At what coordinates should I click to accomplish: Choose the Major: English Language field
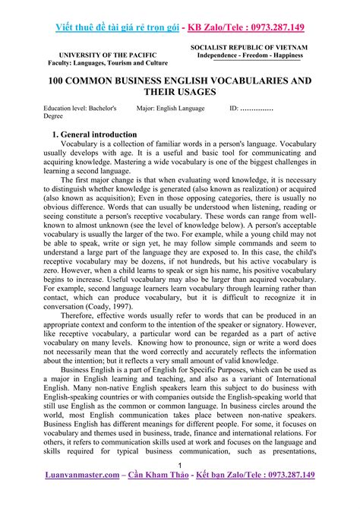[171, 109]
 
